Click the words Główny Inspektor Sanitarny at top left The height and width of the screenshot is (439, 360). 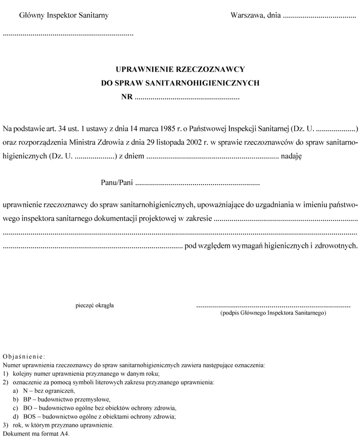[64, 16]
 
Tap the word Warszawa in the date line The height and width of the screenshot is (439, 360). [246, 16]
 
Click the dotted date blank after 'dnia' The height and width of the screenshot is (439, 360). [318, 17]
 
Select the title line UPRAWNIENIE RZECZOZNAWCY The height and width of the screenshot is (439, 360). [180, 70]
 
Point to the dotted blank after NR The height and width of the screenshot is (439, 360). [187, 98]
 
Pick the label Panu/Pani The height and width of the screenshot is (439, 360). [117, 183]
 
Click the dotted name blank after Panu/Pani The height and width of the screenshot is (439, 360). [198, 184]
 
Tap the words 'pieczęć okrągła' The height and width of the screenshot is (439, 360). [95, 305]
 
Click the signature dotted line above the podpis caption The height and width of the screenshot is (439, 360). [273, 306]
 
